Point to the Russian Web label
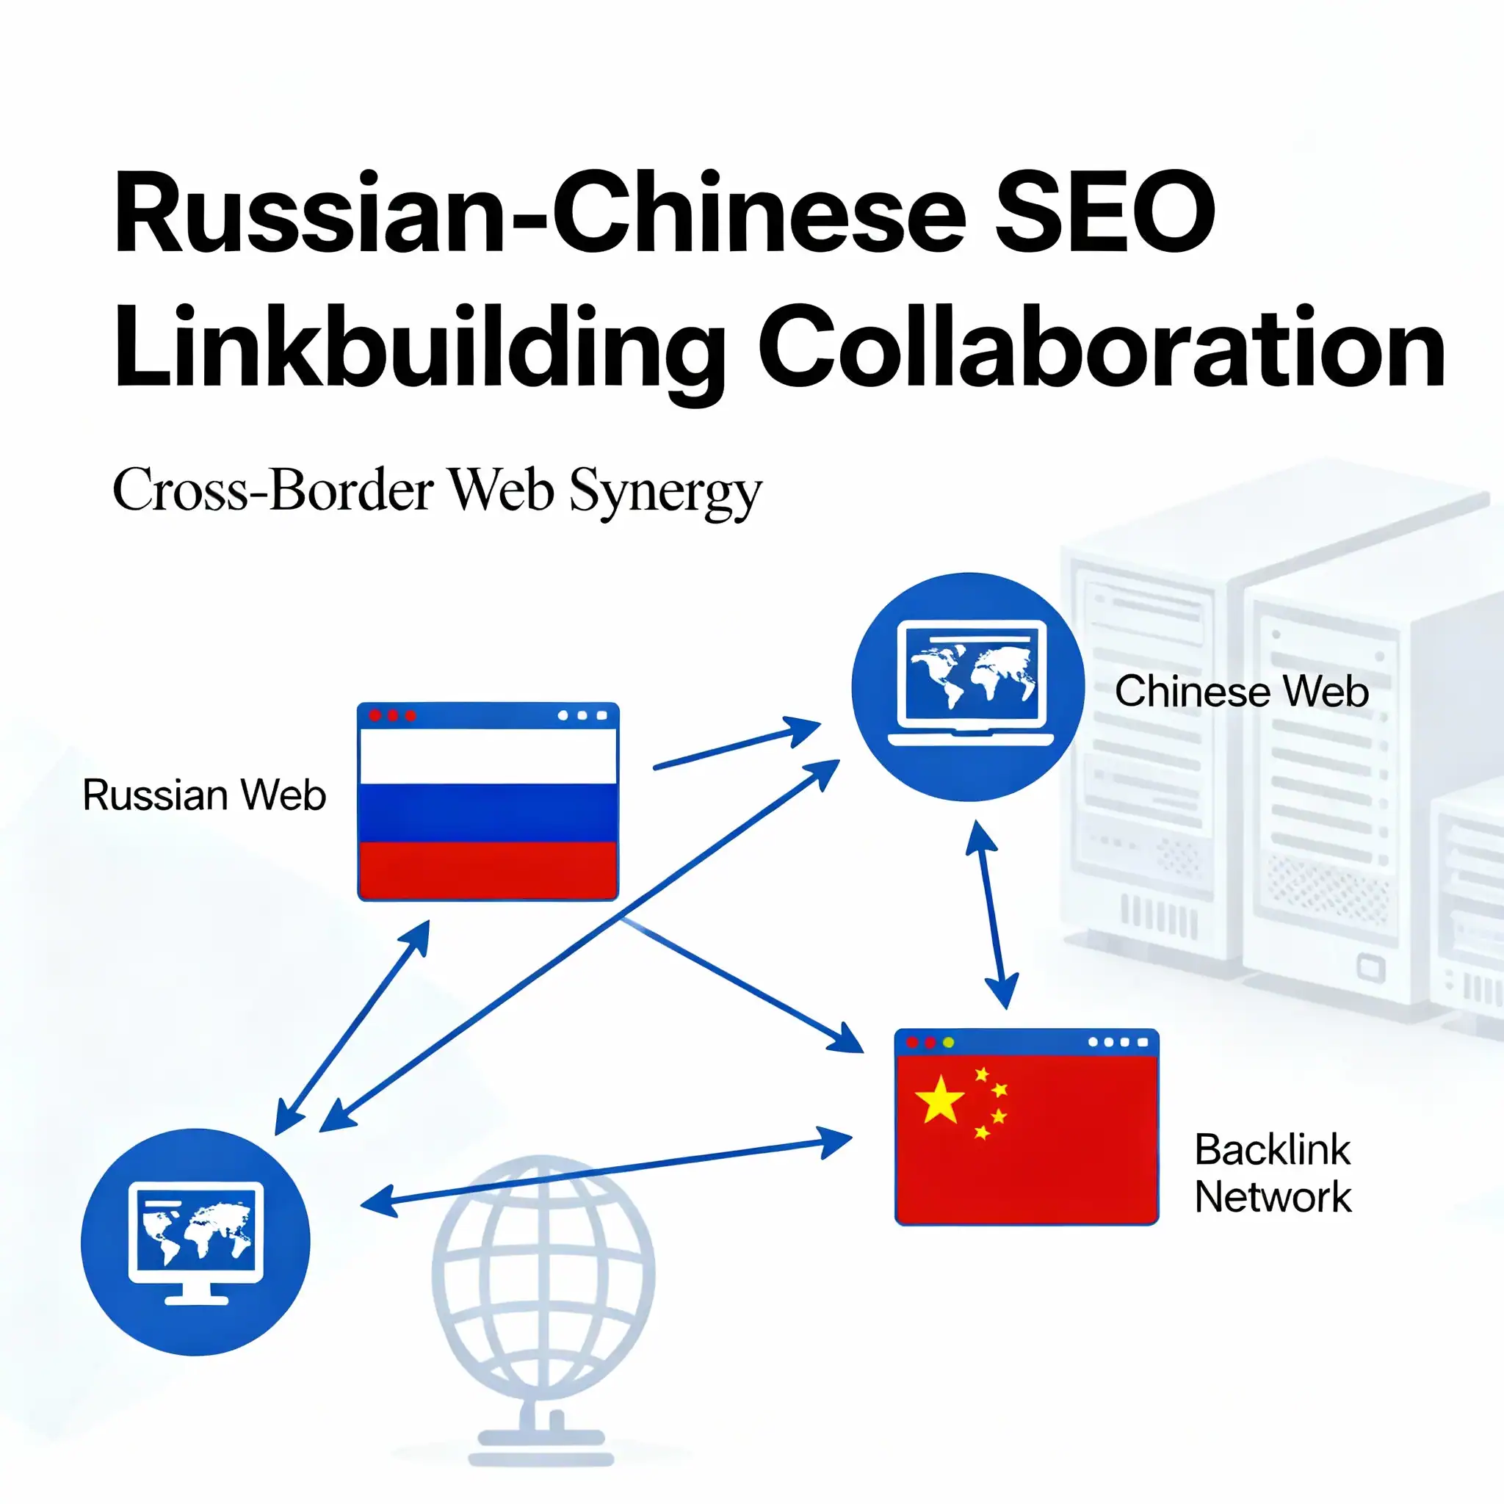[204, 795]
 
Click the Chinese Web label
[1241, 691]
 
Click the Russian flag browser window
[488, 802]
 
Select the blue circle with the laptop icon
[968, 687]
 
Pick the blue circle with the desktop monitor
[195, 1242]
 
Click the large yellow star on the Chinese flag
[939, 1100]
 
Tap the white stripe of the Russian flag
[488, 756]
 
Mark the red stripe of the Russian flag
[488, 869]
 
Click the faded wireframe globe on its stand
[543, 1276]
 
